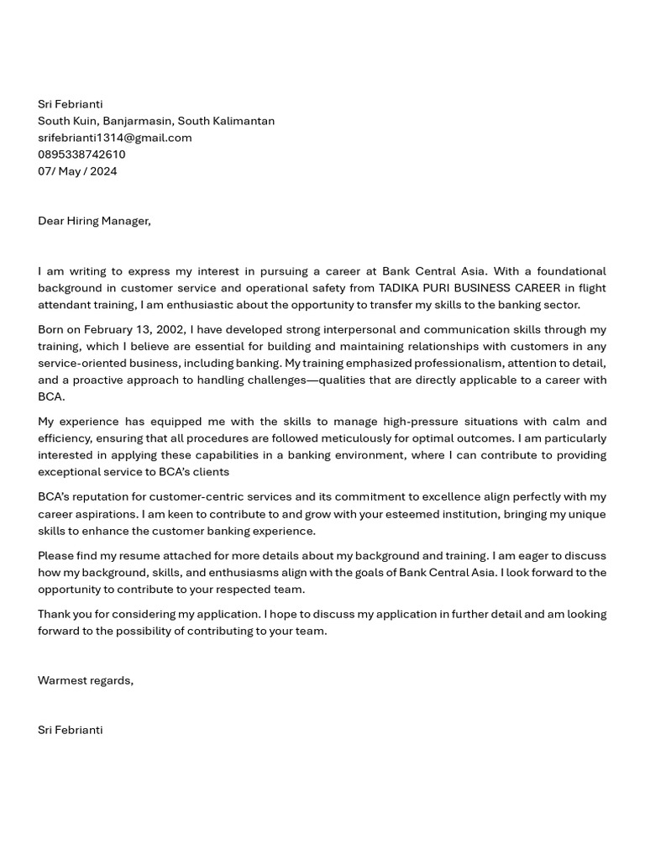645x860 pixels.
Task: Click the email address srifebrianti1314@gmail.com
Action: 114,138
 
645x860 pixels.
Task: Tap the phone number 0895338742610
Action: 81,155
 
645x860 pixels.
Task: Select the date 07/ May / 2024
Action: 77,171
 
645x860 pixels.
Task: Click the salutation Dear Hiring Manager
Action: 94,221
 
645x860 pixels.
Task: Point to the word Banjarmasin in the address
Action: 138,121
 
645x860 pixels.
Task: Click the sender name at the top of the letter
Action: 70,104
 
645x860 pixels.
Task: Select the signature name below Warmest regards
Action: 70,730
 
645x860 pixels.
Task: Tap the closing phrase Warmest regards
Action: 85,680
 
